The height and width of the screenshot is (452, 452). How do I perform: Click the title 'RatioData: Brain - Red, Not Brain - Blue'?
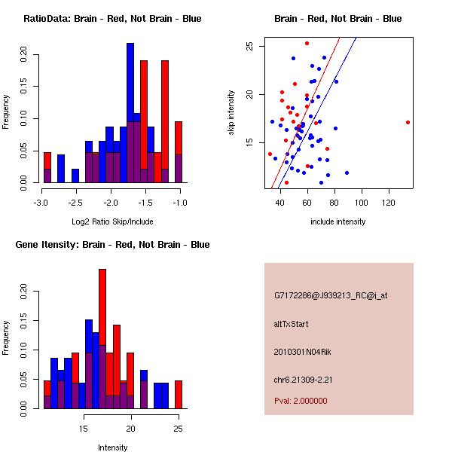pos(112,19)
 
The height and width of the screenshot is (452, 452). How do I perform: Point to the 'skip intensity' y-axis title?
pos(232,113)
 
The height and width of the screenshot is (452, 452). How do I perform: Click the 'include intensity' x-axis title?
pos(337,221)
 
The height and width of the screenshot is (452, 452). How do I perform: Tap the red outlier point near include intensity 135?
pos(408,122)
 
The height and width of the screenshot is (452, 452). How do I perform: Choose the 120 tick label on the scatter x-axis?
pos(389,203)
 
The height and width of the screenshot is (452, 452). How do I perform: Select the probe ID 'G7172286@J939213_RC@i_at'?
pos(331,296)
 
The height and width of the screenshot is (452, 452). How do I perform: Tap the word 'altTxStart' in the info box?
pos(292,324)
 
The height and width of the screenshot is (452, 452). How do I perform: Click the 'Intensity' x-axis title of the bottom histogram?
pos(113,447)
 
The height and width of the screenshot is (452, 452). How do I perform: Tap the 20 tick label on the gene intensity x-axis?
pos(131,429)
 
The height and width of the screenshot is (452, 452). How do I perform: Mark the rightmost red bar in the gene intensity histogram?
pos(179,394)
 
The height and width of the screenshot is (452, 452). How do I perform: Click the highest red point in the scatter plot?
pos(307,44)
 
